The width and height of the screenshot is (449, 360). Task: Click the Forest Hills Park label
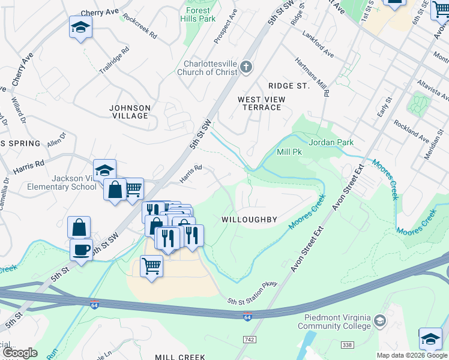coord(197,14)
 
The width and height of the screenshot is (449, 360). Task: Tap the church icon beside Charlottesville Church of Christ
coord(247,67)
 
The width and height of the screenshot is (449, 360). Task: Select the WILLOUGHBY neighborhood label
coord(249,220)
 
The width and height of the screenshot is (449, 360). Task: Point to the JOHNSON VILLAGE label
coord(130,112)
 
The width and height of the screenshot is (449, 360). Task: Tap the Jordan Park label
coord(331,142)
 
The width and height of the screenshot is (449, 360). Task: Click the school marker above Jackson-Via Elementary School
coord(104,170)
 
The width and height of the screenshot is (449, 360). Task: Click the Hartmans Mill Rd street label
coord(312,77)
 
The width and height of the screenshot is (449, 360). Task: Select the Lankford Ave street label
coord(318,44)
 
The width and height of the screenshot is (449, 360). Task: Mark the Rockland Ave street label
coord(411,131)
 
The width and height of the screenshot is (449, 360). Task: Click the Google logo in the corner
coord(20,353)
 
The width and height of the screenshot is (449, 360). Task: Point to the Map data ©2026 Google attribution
coord(412,355)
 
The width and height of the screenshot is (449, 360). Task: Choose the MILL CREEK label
coord(181,356)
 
